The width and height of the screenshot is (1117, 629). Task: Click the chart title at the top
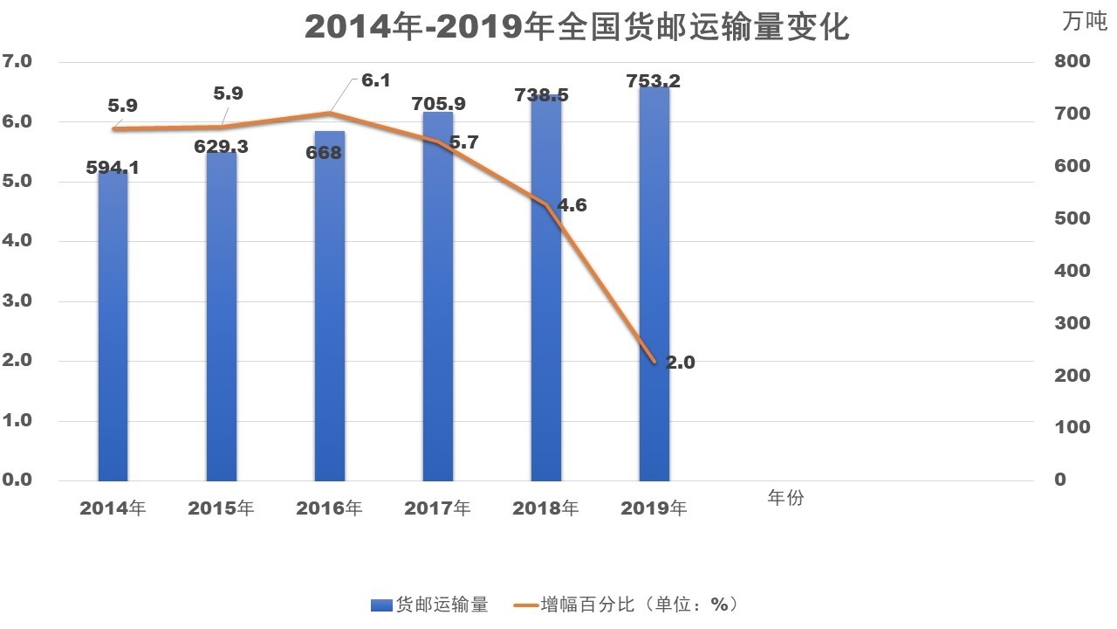tap(577, 26)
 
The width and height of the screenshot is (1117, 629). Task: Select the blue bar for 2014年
tap(113, 332)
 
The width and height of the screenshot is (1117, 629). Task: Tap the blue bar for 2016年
tap(330, 314)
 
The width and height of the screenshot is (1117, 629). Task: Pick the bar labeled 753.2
tap(654, 288)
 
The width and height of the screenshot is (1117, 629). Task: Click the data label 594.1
tap(113, 167)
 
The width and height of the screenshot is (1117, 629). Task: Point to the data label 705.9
tap(437, 103)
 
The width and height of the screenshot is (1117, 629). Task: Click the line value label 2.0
tap(680, 363)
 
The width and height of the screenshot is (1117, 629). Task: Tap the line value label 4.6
tap(572, 206)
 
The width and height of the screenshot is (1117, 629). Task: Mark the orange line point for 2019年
tap(653, 361)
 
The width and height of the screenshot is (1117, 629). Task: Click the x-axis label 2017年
tap(437, 508)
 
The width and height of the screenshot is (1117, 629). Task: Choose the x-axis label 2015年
tap(221, 508)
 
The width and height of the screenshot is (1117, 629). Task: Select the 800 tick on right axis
tap(1072, 61)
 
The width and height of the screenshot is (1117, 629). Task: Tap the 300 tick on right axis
tap(1072, 323)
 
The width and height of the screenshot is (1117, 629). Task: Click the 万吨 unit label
tap(1084, 22)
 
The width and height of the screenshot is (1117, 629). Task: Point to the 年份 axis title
tap(785, 498)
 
